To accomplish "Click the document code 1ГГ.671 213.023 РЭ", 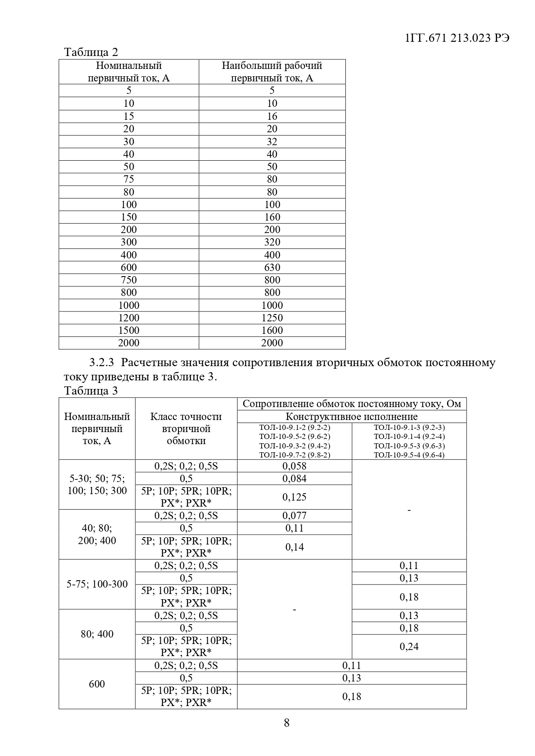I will pyautogui.click(x=457, y=38).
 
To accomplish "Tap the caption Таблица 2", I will pyautogui.click(x=91, y=52).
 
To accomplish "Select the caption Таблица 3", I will pyautogui.click(x=91, y=391).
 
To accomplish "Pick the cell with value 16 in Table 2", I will pyautogui.click(x=272, y=116).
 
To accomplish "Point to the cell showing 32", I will pyautogui.click(x=272, y=141).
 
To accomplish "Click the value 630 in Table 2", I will pyautogui.click(x=272, y=267).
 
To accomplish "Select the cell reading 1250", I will pyautogui.click(x=272, y=317).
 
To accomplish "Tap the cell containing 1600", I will pyautogui.click(x=272, y=330).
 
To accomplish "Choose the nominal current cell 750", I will pyautogui.click(x=128, y=280).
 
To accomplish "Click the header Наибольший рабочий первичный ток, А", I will pyautogui.click(x=272, y=72).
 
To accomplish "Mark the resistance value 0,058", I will pyautogui.click(x=294, y=466).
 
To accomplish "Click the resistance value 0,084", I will pyautogui.click(x=294, y=478).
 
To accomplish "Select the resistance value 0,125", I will pyautogui.click(x=294, y=497).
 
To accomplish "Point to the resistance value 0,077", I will pyautogui.click(x=294, y=516).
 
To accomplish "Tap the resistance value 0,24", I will pyautogui.click(x=409, y=647).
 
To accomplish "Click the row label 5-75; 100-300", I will pyautogui.click(x=97, y=584).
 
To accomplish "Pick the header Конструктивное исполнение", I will pyautogui.click(x=351, y=417).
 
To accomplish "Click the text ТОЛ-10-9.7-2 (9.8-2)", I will pyautogui.click(x=294, y=455).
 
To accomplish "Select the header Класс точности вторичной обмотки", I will pyautogui.click(x=186, y=429).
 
